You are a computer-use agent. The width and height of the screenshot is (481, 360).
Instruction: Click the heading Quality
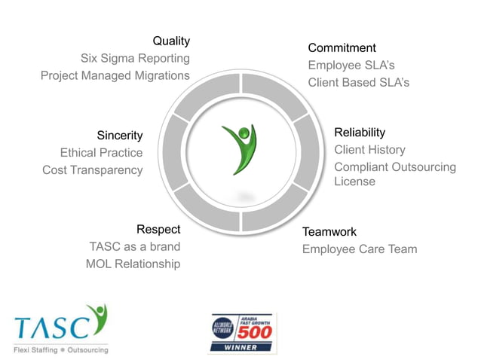pyautogui.click(x=171, y=41)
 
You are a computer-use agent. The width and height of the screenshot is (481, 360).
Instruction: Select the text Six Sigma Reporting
pyautogui.click(x=135, y=58)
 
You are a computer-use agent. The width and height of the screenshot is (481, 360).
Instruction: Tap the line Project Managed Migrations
pyautogui.click(x=115, y=75)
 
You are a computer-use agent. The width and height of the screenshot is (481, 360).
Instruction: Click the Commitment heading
pyautogui.click(x=342, y=48)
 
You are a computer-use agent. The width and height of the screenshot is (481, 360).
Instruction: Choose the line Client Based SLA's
pyautogui.click(x=358, y=83)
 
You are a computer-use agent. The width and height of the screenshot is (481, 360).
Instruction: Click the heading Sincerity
pyautogui.click(x=120, y=136)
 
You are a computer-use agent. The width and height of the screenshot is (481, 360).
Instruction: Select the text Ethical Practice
pyautogui.click(x=101, y=153)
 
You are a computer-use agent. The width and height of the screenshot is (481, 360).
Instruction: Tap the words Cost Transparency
pyautogui.click(x=92, y=170)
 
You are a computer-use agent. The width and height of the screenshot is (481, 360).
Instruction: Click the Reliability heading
pyautogui.click(x=360, y=133)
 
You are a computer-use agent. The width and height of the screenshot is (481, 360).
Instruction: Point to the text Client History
pyautogui.click(x=369, y=150)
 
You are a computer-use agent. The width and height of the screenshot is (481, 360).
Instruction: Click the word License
pyautogui.click(x=354, y=182)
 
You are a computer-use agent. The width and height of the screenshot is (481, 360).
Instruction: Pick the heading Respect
pyautogui.click(x=158, y=229)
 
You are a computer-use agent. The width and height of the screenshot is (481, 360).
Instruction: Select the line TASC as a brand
pyautogui.click(x=135, y=246)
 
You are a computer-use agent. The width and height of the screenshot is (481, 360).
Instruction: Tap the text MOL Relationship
pyautogui.click(x=133, y=264)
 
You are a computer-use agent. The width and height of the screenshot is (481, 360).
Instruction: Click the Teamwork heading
pyautogui.click(x=329, y=232)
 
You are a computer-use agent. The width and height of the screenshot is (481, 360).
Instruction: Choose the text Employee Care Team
pyautogui.click(x=359, y=249)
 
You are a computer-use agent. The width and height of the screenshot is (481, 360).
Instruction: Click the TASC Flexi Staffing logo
pyautogui.click(x=61, y=328)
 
